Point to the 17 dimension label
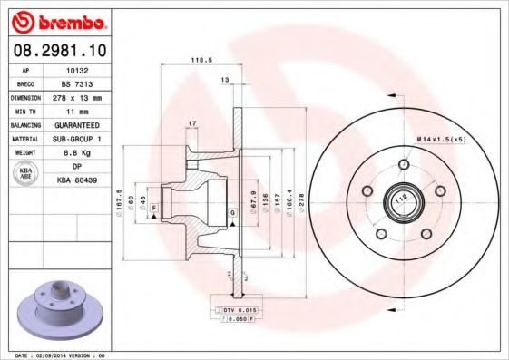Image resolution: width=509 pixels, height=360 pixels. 191,123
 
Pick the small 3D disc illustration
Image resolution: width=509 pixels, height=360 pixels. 55,308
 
